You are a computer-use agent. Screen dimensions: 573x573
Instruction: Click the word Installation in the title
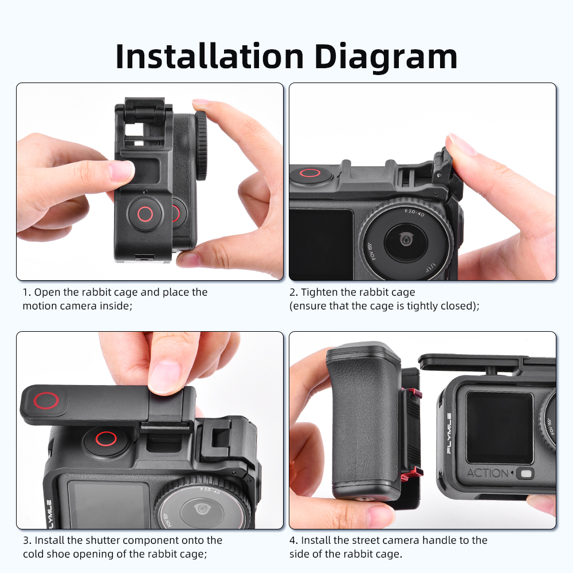tap(209, 56)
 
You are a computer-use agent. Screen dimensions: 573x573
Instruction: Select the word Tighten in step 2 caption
tap(319, 292)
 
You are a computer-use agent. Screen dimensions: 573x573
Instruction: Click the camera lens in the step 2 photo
tap(406, 240)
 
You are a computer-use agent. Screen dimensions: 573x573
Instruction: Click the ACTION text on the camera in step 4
tap(488, 473)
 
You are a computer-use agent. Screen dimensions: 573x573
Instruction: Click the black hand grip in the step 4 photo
tap(364, 420)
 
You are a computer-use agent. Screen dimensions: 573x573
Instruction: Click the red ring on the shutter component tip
tap(46, 401)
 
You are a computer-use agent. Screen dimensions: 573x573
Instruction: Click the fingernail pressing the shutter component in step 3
tap(164, 376)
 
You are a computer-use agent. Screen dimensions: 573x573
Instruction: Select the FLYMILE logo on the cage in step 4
tap(449, 433)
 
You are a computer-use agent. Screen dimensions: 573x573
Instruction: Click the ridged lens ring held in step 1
tap(201, 146)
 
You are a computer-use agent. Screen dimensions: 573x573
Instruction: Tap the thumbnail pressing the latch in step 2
tap(461, 145)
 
